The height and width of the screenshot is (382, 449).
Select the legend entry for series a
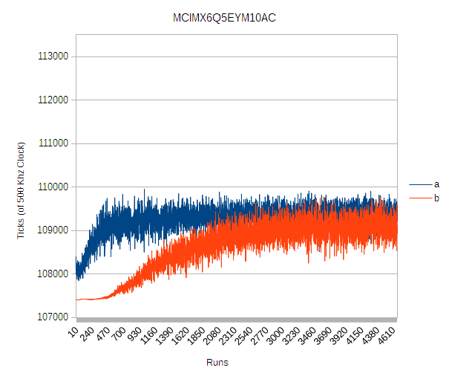(x=436, y=184)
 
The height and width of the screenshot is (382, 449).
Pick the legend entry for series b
(x=436, y=198)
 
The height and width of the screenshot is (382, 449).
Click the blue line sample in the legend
(x=419, y=184)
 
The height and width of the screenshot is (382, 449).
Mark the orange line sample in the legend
(x=419, y=198)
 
